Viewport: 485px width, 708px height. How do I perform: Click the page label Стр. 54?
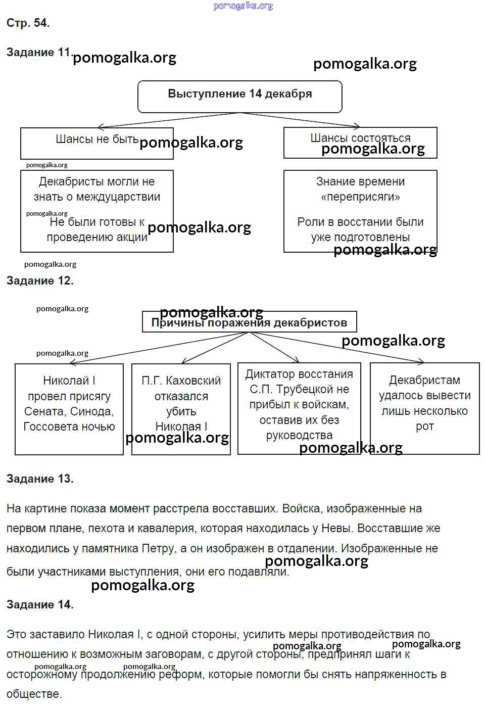[28, 23]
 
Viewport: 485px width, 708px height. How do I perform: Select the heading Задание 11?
[38, 52]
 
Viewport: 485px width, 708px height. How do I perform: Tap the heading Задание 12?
[40, 280]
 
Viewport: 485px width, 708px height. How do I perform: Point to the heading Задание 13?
[40, 479]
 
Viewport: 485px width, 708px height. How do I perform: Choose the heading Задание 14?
[40, 604]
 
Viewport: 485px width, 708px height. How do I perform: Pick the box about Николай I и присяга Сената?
[69, 408]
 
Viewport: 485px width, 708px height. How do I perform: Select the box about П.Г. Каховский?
[181, 408]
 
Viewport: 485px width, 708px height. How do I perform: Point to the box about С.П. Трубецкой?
[299, 408]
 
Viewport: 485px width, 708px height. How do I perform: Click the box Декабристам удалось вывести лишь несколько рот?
[424, 408]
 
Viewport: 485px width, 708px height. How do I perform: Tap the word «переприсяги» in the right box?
[360, 197]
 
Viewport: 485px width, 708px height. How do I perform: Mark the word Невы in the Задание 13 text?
[337, 529]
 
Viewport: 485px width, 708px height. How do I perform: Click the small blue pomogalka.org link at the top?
[243, 6]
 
